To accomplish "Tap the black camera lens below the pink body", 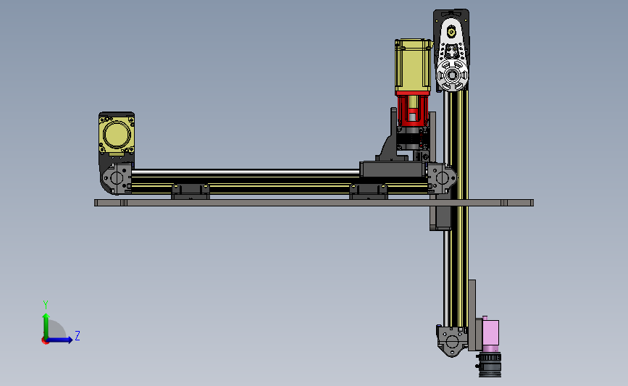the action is (x=490, y=364).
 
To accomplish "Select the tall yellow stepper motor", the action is (x=414, y=65).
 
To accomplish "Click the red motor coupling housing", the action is (x=413, y=109).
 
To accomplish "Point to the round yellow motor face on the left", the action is (x=117, y=134).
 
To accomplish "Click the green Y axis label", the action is (x=46, y=305).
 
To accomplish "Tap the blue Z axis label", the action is (x=78, y=335).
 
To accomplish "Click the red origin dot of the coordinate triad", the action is (x=45, y=341).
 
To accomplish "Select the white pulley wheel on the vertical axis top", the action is (x=452, y=75).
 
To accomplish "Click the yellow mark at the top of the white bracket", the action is (x=452, y=31).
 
